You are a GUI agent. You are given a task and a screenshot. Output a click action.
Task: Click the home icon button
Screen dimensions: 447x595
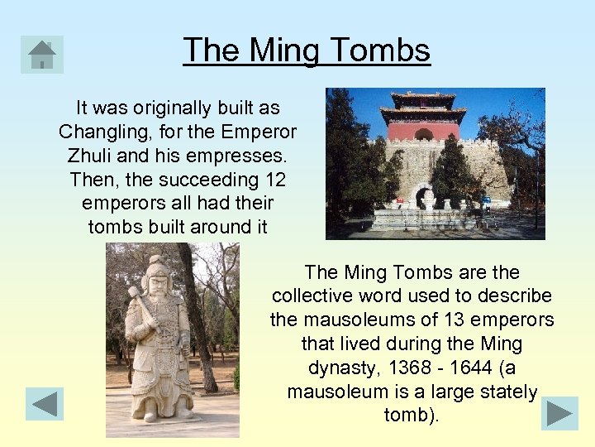pos(42,55)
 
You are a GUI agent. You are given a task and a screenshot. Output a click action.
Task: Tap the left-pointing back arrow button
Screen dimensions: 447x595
pos(44,404)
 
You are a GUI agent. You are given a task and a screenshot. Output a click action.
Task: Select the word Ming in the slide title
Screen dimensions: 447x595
pos(286,50)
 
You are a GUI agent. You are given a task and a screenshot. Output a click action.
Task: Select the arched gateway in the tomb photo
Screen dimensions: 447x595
pos(423,197)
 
